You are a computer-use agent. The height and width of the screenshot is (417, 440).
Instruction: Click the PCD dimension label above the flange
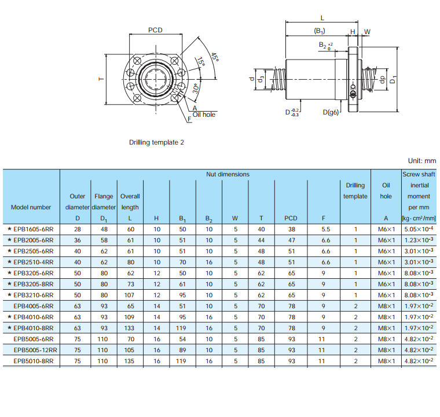tap(155, 30)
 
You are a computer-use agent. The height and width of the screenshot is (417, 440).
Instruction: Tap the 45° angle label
tap(215, 57)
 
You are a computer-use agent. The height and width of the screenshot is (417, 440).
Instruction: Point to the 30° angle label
tap(196, 88)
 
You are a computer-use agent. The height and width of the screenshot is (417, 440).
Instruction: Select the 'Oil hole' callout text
tap(204, 115)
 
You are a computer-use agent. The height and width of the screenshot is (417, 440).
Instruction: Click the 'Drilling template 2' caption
tap(156, 142)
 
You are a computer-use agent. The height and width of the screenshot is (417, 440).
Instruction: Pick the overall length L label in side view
tap(322, 18)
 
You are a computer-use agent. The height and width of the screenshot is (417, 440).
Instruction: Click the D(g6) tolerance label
tap(331, 112)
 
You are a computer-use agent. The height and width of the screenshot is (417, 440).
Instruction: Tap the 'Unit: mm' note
tap(422, 161)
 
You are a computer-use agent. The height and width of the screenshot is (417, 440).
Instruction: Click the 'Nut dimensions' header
tap(228, 174)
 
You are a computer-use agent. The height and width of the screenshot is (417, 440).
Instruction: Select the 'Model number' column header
tap(31, 208)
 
